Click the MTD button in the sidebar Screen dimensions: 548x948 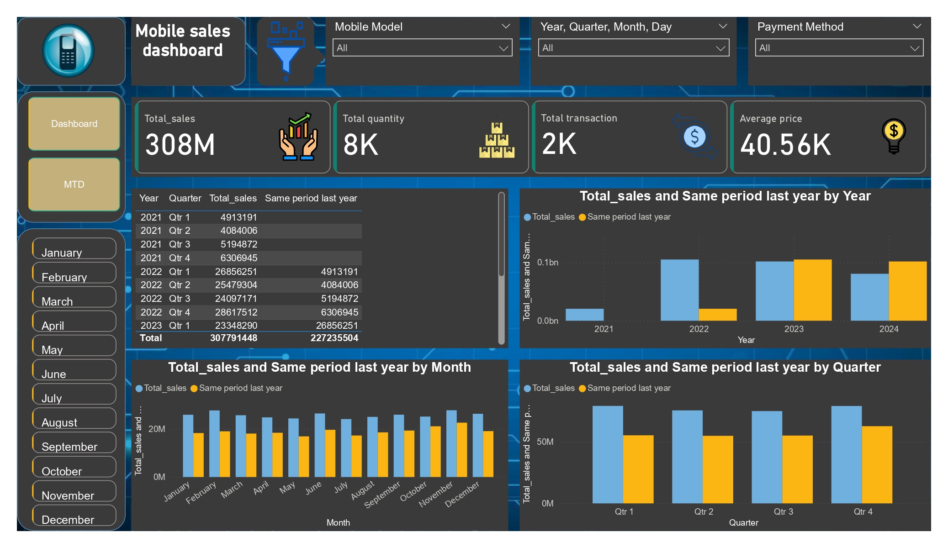click(x=74, y=184)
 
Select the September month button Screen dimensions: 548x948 click(x=74, y=444)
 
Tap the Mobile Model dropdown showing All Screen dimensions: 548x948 click(x=422, y=48)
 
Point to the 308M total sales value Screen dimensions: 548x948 click(x=180, y=145)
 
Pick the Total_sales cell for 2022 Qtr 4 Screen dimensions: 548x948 click(x=236, y=312)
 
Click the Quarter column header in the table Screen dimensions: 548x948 click(x=185, y=198)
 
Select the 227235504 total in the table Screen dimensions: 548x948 click(x=334, y=338)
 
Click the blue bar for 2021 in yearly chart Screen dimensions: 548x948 click(x=584, y=315)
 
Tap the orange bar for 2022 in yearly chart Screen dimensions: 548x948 click(x=717, y=315)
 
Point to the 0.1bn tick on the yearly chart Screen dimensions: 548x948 click(x=548, y=263)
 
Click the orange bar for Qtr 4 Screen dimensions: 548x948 click(x=877, y=464)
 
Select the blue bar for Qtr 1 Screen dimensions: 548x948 click(x=608, y=454)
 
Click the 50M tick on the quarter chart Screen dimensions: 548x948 click(x=545, y=442)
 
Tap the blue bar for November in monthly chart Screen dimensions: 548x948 click(x=451, y=443)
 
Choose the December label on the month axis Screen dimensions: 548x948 click(x=462, y=494)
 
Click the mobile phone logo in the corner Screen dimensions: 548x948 click(x=68, y=51)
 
